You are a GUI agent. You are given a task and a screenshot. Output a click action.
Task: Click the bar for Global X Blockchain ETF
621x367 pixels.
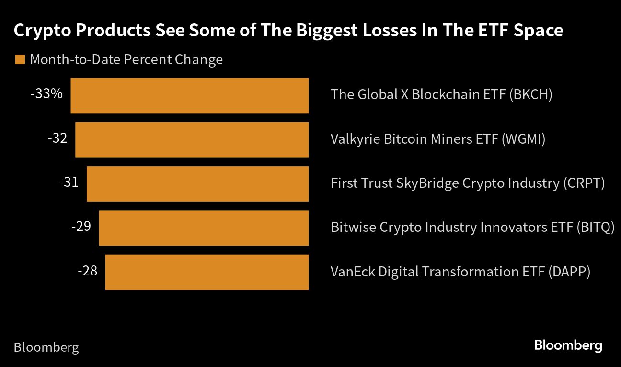coord(189,95)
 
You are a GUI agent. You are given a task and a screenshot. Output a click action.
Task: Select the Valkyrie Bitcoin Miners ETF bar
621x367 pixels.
coord(192,139)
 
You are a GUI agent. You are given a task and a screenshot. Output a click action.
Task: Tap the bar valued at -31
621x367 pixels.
coord(197,184)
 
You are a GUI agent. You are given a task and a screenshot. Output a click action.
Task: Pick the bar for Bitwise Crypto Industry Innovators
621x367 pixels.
coord(204,228)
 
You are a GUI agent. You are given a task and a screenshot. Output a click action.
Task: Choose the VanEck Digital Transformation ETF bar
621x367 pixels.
coord(207,272)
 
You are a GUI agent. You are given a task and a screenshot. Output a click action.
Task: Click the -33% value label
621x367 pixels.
coord(46,94)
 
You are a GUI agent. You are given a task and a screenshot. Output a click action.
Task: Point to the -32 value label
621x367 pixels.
coord(57,138)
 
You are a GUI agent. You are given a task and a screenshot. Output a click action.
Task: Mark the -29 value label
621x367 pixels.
coord(81,226)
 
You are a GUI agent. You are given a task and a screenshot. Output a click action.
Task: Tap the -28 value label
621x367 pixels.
coord(87,271)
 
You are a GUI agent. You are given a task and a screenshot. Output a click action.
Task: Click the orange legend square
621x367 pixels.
coord(20,60)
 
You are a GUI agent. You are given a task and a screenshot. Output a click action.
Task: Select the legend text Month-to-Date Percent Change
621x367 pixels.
coord(126,60)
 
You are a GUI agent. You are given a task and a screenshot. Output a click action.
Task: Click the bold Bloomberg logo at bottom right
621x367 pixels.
coord(568,345)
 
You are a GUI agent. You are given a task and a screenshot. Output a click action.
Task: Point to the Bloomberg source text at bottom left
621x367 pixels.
coord(46,347)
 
